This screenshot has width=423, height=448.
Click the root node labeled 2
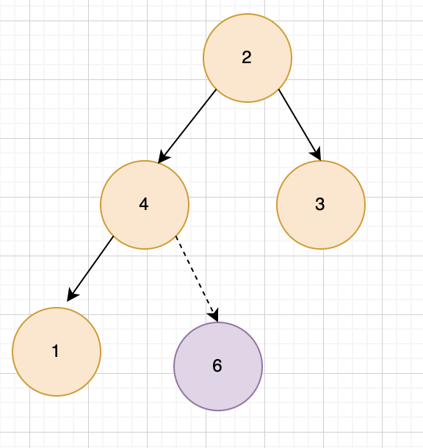coord(247,58)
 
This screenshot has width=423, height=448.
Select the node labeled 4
coord(145,205)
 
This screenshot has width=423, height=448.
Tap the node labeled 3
coord(321,205)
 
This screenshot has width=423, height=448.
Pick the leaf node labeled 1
coord(57,352)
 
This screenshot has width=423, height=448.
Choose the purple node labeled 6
coord(218,366)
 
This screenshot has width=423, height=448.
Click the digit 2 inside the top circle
coord(247,57)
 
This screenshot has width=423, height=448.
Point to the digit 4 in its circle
coord(144,204)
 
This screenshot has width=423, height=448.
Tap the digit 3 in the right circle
coord(320,204)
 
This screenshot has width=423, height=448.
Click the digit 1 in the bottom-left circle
coord(56,351)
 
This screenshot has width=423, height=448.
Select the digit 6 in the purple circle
coord(217,366)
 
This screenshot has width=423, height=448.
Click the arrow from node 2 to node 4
coord(187,126)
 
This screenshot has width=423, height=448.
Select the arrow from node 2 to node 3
coord(300,125)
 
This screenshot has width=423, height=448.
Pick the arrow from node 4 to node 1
coord(90,269)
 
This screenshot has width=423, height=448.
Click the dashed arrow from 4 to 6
coord(197,279)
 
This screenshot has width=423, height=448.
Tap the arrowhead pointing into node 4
coord(163,157)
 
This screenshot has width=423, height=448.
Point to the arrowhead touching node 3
coord(317,154)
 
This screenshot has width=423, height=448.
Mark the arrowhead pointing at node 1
coord(72,295)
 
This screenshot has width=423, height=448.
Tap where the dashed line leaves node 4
coord(176,236)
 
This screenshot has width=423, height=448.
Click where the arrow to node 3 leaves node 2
coord(279,90)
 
